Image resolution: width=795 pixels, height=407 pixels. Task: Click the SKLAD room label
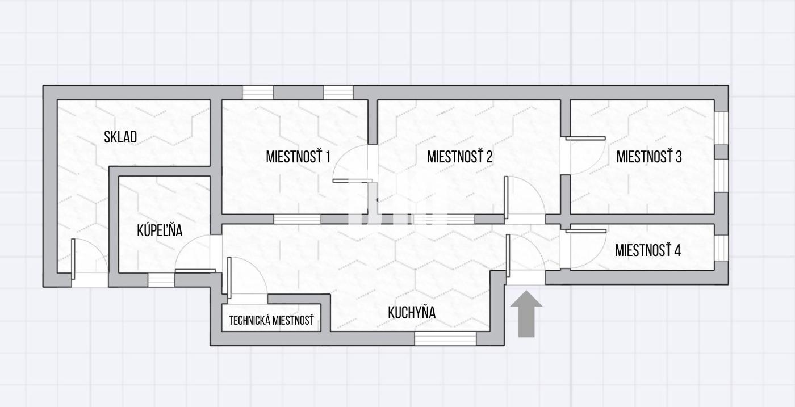click(x=120, y=137)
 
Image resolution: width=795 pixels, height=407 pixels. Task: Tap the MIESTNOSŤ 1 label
click(x=298, y=157)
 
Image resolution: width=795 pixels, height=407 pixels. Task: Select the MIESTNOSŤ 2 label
click(x=459, y=157)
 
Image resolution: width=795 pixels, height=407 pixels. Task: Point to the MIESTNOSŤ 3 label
click(x=649, y=157)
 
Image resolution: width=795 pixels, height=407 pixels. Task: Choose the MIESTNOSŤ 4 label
click(x=648, y=250)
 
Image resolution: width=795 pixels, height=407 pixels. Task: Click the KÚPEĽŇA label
click(x=160, y=230)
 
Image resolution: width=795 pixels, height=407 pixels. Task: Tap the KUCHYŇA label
click(x=412, y=312)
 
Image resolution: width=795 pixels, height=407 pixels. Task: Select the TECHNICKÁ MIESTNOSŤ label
click(x=271, y=320)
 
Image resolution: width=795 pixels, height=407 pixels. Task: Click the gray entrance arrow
click(x=526, y=314)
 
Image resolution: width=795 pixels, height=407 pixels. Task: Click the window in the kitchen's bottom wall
click(x=445, y=338)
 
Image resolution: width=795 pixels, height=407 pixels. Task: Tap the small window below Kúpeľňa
click(x=161, y=280)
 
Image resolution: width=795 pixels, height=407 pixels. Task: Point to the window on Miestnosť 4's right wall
click(x=721, y=247)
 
